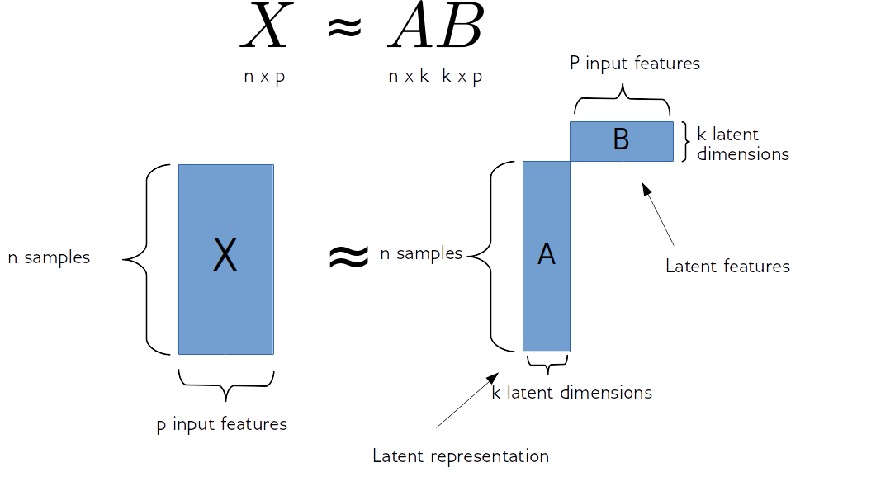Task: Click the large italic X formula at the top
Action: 273,25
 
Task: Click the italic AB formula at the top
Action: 433,25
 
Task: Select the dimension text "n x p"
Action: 265,77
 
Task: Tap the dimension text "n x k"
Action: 409,77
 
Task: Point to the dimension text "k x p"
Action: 462,77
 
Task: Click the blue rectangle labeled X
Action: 225,258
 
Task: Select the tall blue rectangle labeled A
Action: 546,256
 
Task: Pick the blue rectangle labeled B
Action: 621,140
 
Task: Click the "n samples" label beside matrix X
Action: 50,257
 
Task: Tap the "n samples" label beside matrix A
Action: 421,254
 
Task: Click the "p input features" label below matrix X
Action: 222,425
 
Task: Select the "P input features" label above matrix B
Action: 635,64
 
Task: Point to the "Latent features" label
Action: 728,266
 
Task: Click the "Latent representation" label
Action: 461,456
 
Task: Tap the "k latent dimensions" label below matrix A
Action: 572,393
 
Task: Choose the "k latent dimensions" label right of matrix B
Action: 741,144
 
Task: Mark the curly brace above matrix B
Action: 623,102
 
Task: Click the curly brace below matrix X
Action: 225,380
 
